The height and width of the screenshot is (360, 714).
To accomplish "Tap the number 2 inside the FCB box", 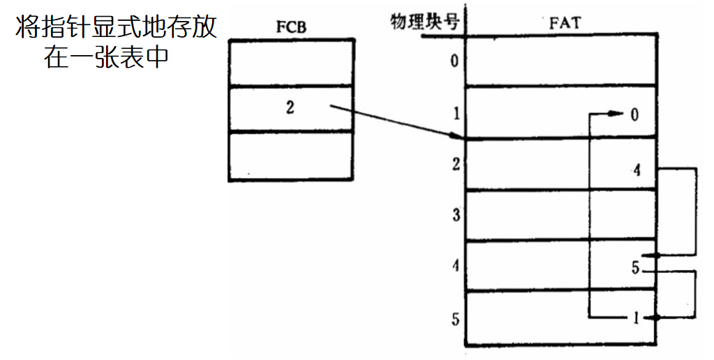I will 290,108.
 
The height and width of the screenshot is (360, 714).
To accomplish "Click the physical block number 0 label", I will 454,61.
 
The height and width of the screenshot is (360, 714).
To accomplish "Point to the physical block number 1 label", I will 454,113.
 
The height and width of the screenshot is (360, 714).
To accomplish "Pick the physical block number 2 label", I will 454,165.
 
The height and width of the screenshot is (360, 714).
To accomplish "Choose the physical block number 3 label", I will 455,215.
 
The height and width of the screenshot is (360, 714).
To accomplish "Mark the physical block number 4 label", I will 455,267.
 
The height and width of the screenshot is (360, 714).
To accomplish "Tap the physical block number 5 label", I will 455,320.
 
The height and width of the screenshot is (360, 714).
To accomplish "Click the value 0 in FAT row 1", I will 634,114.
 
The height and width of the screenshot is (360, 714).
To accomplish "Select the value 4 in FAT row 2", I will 636,170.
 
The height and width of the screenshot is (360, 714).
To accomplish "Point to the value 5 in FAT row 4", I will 635,267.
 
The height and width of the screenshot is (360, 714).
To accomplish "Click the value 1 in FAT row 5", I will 636,319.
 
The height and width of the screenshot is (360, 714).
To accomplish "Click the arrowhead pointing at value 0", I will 618,114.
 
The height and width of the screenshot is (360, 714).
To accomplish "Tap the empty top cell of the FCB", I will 290,63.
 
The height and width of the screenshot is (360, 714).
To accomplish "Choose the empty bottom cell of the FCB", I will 290,156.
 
